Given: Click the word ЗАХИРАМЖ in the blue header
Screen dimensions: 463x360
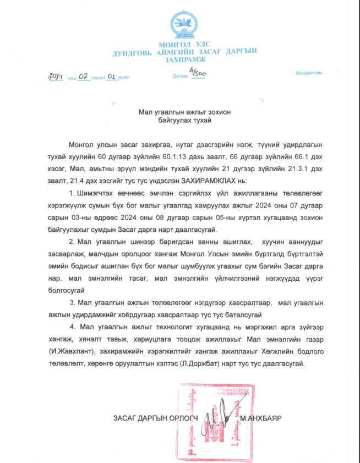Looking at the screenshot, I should (x=184, y=58).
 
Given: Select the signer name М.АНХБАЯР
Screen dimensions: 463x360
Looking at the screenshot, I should (x=260, y=418).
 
